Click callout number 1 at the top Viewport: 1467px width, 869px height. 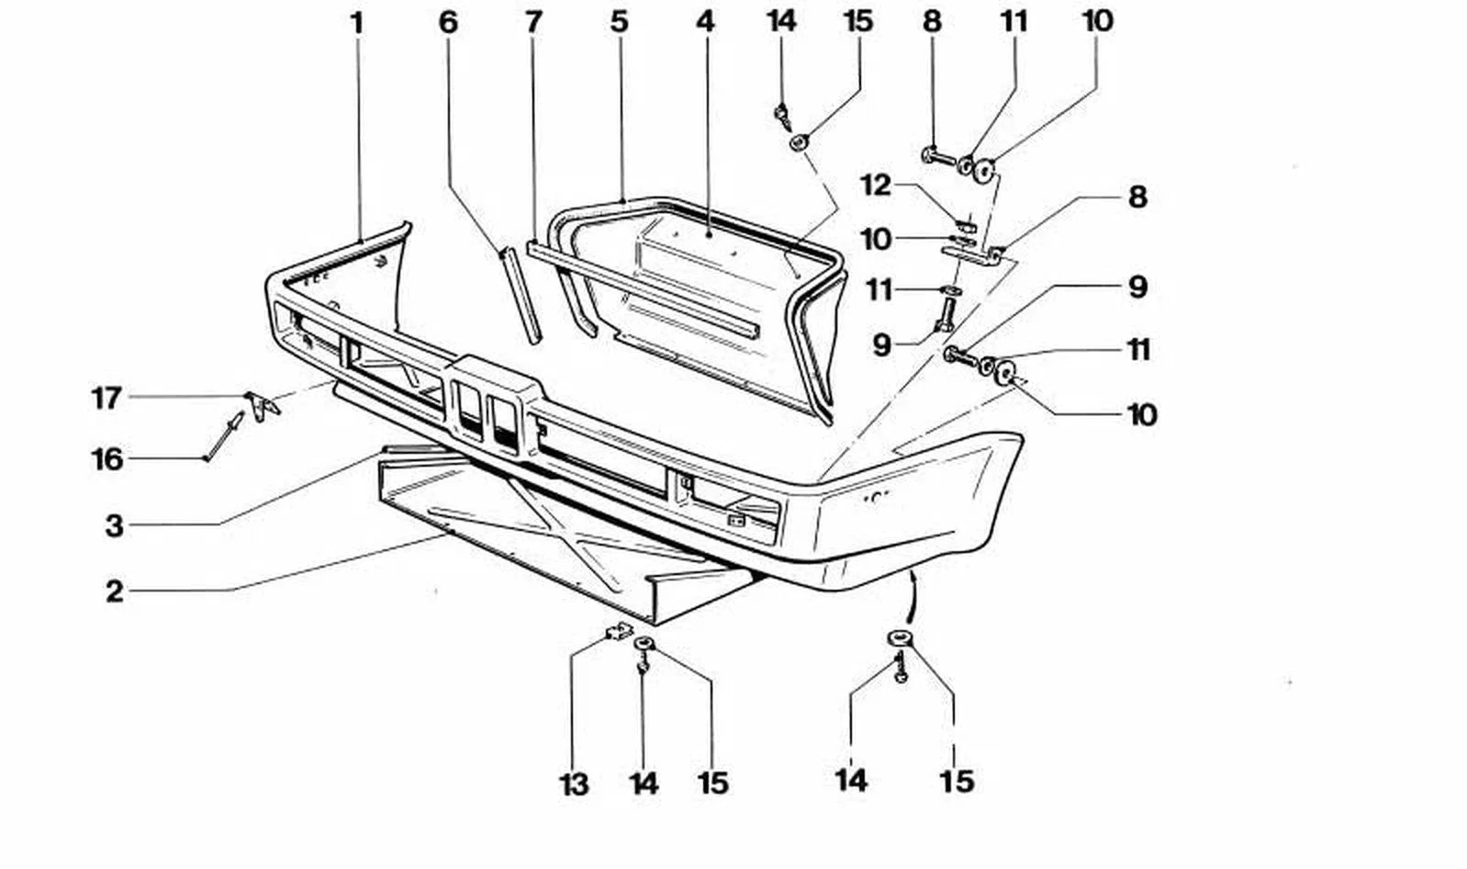357,24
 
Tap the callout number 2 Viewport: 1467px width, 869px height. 115,592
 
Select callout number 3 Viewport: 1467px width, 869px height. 115,525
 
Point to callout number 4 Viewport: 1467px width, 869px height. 705,22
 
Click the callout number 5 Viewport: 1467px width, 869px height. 619,22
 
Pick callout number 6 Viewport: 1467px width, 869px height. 448,22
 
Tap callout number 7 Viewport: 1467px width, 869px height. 533,22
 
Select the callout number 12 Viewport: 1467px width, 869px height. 877,186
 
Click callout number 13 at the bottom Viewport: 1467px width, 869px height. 574,784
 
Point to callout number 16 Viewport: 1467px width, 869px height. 107,459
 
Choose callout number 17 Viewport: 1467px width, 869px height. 106,399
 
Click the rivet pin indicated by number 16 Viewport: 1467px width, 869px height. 225,435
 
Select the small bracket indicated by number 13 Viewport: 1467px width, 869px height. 620,631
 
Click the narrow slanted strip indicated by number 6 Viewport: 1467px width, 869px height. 522,295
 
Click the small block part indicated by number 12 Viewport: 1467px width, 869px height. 966,226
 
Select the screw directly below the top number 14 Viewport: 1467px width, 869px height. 783,118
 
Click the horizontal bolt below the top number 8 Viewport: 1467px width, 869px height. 940,157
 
